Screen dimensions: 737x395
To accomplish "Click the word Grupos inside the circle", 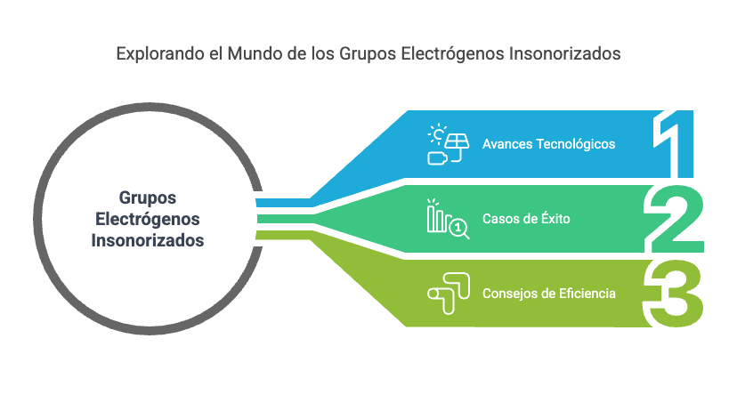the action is point(148,198).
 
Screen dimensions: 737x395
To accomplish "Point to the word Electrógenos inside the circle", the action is point(148,220).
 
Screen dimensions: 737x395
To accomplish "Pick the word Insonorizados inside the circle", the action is point(148,240).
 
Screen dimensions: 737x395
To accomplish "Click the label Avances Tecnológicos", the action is point(548,144).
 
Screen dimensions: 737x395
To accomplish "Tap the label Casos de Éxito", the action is point(526,218).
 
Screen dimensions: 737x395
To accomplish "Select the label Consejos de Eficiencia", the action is point(549,294).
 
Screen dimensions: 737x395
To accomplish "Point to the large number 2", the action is point(676,219).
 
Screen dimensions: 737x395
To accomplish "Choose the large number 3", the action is point(674,294).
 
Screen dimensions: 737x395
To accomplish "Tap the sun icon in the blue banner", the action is point(437,134).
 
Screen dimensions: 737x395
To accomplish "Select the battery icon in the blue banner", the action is point(438,158).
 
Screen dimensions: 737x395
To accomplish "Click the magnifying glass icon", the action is point(459,230).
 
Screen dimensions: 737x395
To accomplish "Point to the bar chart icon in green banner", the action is point(437,216).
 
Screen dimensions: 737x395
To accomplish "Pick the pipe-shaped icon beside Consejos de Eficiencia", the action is point(449,293).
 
